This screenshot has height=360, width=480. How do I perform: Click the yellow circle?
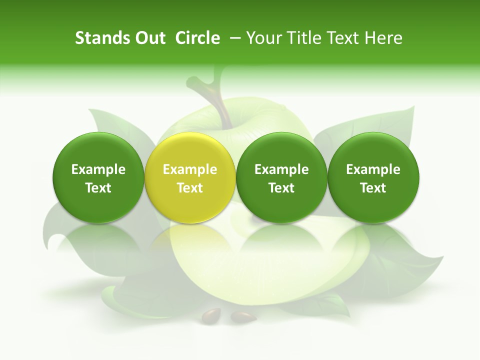coord(190,150)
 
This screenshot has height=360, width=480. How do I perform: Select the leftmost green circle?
coord(98,150)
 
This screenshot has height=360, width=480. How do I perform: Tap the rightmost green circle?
coord(373,150)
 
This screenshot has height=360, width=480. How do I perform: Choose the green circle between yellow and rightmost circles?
coord(281,150)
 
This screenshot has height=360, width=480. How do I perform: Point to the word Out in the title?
coord(149,38)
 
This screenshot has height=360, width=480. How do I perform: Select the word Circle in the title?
coord(197,38)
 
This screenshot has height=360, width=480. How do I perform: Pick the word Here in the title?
coord(384,38)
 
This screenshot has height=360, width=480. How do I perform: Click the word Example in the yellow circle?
coord(190,169)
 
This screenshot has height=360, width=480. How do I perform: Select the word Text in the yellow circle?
coord(190,188)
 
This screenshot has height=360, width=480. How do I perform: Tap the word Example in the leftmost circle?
coord(98,169)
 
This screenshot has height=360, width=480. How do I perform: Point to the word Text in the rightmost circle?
coord(373,188)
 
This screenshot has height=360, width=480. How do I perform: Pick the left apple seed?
coord(211,315)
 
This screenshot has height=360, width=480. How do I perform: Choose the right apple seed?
coord(243,316)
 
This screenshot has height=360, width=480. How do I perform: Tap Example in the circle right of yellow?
coord(281,169)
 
